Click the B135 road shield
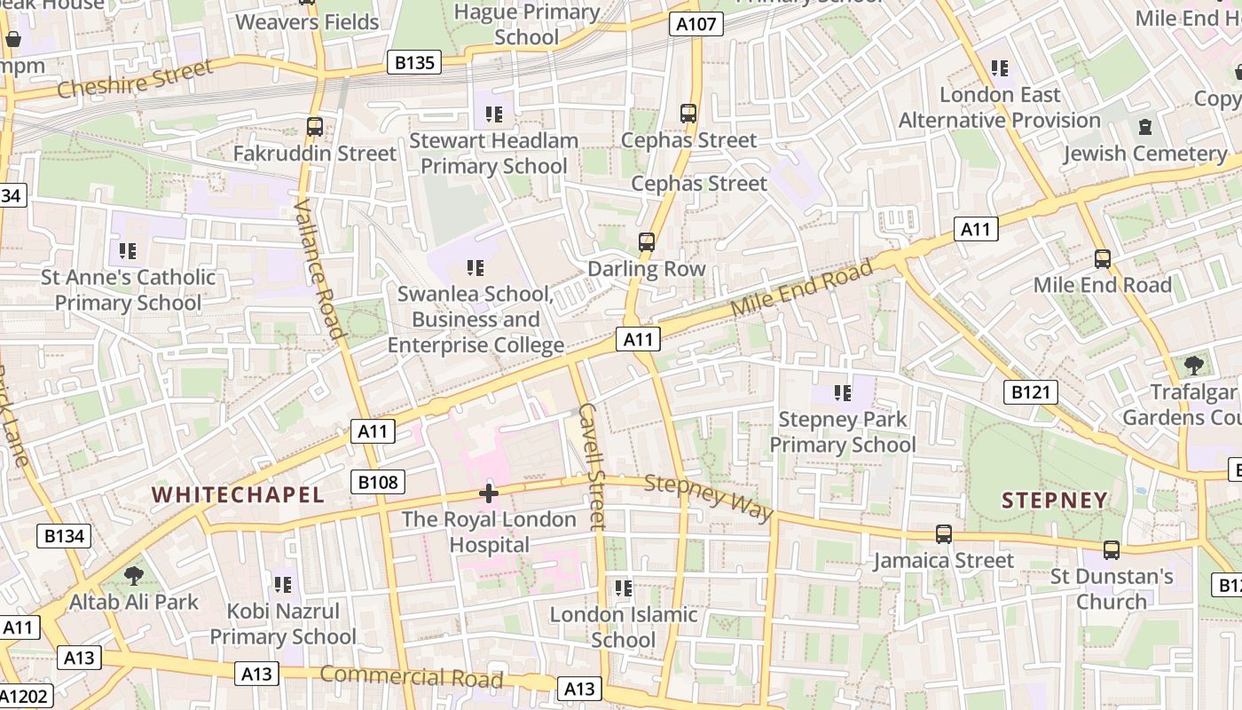(x=415, y=62)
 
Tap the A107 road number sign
(x=696, y=24)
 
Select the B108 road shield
(x=379, y=482)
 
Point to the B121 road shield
(x=1031, y=392)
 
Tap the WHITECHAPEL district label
(x=238, y=495)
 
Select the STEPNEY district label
(x=1055, y=500)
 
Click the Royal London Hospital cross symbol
(x=488, y=493)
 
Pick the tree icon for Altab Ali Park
(x=134, y=576)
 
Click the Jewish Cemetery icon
(x=1144, y=127)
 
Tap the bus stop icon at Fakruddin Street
(x=315, y=127)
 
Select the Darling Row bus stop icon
(x=647, y=242)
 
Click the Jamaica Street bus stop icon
(x=943, y=534)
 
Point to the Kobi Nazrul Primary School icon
(x=282, y=585)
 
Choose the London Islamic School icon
(x=624, y=588)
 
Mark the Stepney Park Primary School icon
(x=842, y=392)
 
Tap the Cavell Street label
(x=592, y=466)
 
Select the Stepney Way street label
(x=708, y=497)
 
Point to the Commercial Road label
(x=411, y=676)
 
